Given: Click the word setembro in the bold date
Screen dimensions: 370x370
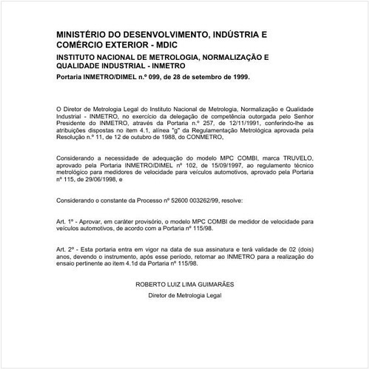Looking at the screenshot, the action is point(202,75).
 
